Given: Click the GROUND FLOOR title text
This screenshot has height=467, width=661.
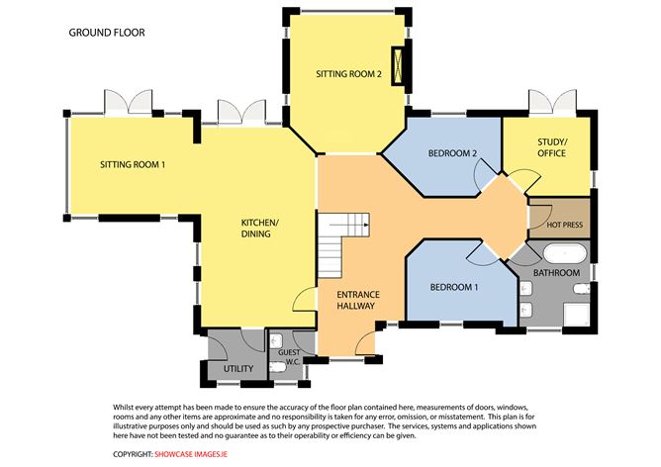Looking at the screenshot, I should (106, 33).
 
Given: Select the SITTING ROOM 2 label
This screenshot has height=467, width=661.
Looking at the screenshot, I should (348, 74).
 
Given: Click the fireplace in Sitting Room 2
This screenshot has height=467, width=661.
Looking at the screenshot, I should (399, 67).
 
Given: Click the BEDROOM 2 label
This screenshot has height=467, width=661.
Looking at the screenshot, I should (453, 154).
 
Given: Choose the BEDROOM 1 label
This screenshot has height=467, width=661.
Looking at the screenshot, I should (454, 287).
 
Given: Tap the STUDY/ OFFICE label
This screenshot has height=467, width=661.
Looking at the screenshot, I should (551, 148).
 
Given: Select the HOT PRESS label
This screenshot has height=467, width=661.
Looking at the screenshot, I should (565, 224).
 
